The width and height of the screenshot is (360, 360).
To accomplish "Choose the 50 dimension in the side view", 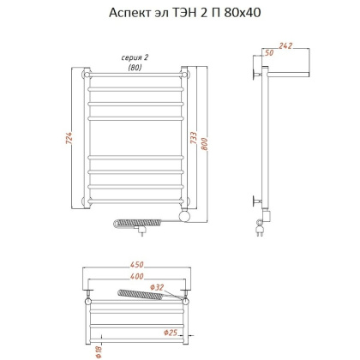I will [271, 54].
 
